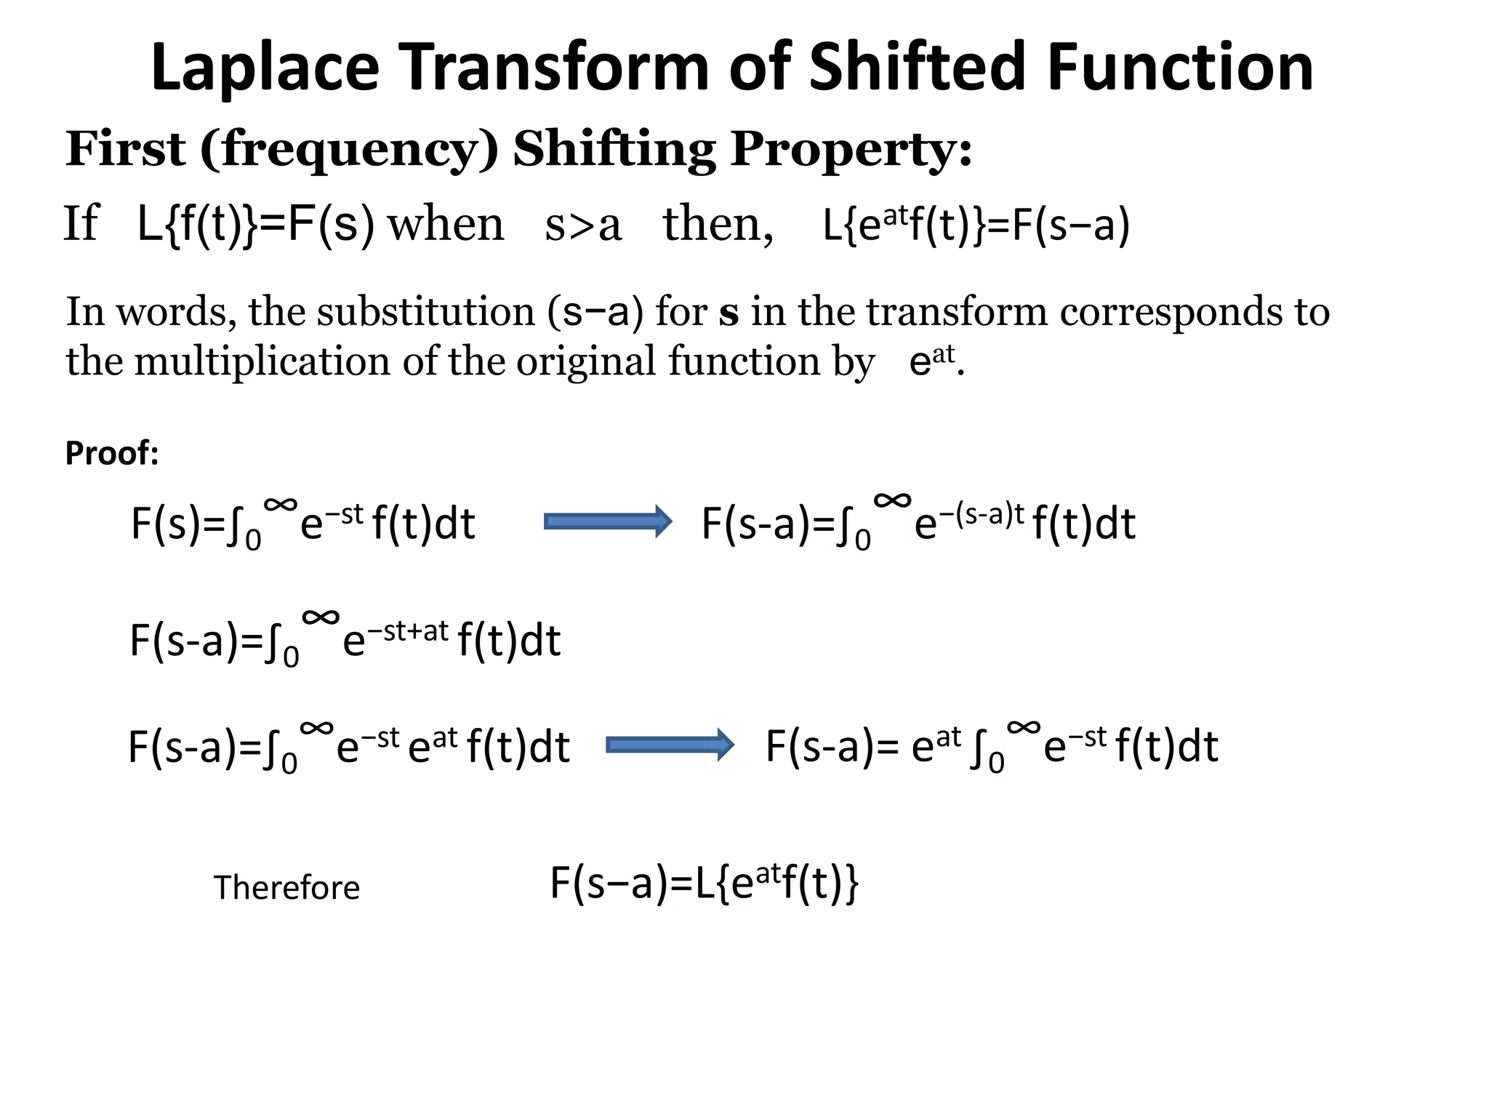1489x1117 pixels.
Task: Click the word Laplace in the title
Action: pos(265,67)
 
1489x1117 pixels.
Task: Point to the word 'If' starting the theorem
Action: pos(81,224)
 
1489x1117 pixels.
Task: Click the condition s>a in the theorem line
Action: pos(583,224)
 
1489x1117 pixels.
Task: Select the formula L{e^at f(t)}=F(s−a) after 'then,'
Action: pos(976,225)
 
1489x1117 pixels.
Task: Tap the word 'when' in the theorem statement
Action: pos(446,224)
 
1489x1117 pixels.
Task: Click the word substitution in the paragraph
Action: pos(425,312)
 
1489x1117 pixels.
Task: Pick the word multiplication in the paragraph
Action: pos(262,361)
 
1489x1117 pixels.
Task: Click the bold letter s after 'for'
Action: pos(729,313)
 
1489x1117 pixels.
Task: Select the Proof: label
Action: pos(112,453)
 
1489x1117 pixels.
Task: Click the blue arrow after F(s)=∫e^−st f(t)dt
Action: pos(608,521)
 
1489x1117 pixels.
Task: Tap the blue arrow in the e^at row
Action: pos(670,745)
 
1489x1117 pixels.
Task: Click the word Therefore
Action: pos(286,888)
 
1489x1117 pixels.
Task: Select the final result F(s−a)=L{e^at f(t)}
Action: pos(704,884)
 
